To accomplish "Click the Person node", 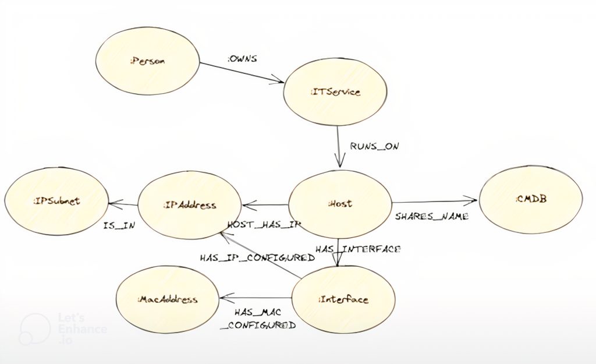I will pyautogui.click(x=148, y=61).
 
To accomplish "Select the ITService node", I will pyautogui.click(x=335, y=91).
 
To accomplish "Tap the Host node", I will pyautogui.click(x=340, y=204).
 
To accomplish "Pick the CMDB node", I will pyautogui.click(x=530, y=200).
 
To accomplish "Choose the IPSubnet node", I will pyautogui.click(x=56, y=201).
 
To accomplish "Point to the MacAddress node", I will pyautogui.click(x=168, y=300).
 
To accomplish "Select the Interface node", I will pyautogui.click(x=343, y=299).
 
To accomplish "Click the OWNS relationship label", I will pyautogui.click(x=242, y=59).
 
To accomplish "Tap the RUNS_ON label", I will pyautogui.click(x=374, y=146).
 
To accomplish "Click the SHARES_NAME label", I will pyautogui.click(x=432, y=216).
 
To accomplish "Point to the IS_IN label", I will pyautogui.click(x=119, y=225).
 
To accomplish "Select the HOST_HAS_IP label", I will pyautogui.click(x=264, y=224).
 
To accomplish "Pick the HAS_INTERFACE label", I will pyautogui.click(x=357, y=249).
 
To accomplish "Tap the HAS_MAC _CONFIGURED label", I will pyautogui.click(x=258, y=319).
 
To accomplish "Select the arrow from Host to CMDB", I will pyautogui.click(x=434, y=202).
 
